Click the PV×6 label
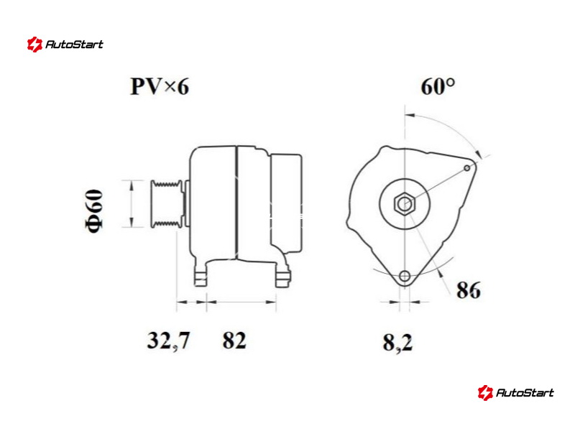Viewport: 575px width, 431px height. [160, 87]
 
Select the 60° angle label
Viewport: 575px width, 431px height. [438, 87]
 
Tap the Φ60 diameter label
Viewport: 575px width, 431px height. [94, 210]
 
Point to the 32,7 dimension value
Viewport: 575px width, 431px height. [169, 340]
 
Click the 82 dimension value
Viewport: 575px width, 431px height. [234, 340]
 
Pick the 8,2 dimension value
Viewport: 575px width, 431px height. [398, 343]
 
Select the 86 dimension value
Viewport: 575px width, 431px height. [469, 290]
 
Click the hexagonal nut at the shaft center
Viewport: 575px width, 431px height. [404, 204]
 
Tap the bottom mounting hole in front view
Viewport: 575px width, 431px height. [405, 276]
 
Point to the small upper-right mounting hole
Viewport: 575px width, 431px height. [466, 168]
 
